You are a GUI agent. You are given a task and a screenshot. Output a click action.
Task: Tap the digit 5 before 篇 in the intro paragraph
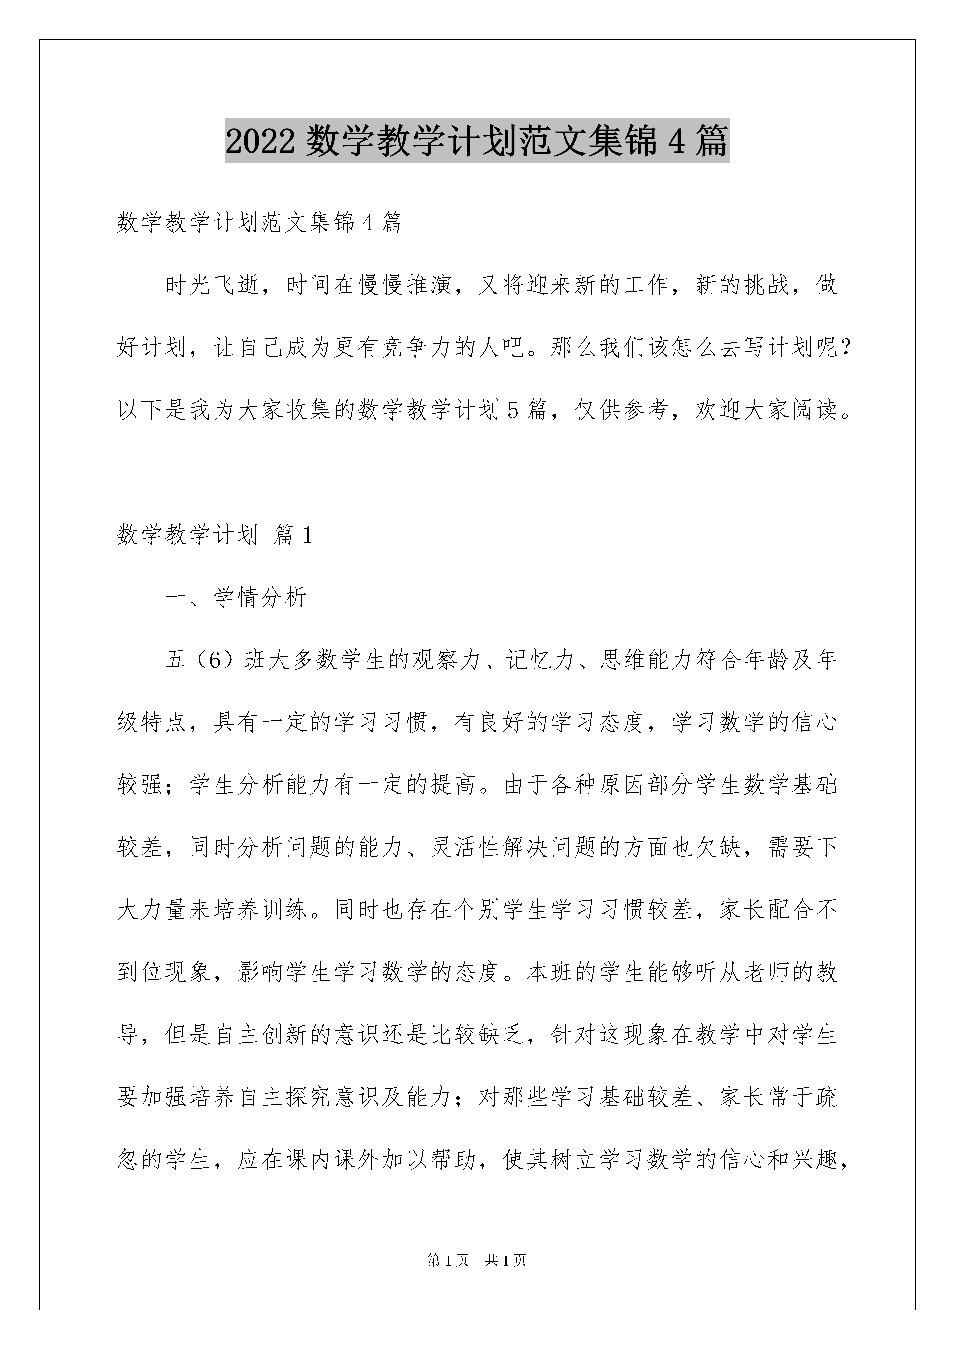coord(513,410)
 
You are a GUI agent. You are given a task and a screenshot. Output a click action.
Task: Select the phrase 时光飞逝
coord(212,285)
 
